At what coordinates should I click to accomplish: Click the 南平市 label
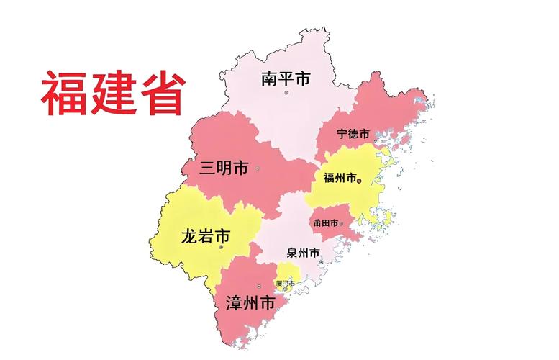[x=286, y=78]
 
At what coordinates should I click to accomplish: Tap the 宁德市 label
[x=353, y=135]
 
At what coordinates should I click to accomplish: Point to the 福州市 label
[x=340, y=179]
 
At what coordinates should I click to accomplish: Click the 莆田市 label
[x=325, y=223]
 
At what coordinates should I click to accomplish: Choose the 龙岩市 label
[x=206, y=235]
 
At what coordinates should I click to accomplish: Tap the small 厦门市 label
[x=285, y=283]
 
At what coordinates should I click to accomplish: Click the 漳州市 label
[x=250, y=304]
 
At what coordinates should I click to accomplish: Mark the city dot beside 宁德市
[x=375, y=135]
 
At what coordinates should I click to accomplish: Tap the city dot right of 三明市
[x=258, y=168]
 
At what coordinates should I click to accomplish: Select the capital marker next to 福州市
[x=359, y=179]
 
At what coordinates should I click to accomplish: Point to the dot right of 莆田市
[x=342, y=223]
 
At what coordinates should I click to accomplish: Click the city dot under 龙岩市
[x=221, y=248]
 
